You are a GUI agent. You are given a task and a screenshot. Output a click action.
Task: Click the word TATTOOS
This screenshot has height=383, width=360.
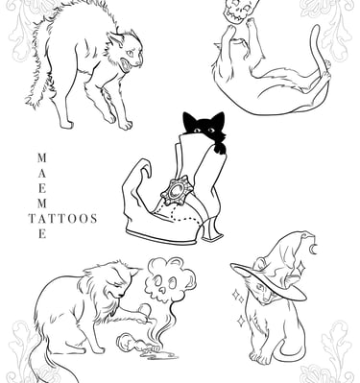(63, 219)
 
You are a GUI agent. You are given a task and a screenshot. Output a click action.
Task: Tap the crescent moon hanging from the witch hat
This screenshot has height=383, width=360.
(315, 249)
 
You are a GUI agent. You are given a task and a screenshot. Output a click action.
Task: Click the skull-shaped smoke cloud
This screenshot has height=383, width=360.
(169, 279)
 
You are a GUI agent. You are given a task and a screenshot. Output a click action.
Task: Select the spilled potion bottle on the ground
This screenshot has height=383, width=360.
(137, 344)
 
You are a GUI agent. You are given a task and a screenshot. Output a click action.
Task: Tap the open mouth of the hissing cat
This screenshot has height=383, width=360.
(126, 66)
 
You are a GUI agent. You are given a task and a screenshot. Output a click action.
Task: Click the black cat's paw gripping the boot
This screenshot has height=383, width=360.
(220, 148)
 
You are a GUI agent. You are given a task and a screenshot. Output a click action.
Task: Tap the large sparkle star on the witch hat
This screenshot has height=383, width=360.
(300, 268)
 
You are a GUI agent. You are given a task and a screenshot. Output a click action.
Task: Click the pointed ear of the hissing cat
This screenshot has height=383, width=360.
(114, 39)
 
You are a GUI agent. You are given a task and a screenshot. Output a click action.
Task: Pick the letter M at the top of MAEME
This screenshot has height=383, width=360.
(42, 157)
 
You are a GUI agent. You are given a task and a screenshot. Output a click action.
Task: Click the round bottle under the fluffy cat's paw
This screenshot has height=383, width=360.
(144, 309)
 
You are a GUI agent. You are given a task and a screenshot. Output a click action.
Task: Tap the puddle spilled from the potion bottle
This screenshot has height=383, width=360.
(160, 354)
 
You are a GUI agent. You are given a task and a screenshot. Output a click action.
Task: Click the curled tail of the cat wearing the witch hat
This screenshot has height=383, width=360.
(290, 351)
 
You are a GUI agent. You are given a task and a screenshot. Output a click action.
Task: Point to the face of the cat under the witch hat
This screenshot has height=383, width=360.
(265, 291)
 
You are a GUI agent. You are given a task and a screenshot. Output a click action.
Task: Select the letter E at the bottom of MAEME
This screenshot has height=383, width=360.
(42, 234)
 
